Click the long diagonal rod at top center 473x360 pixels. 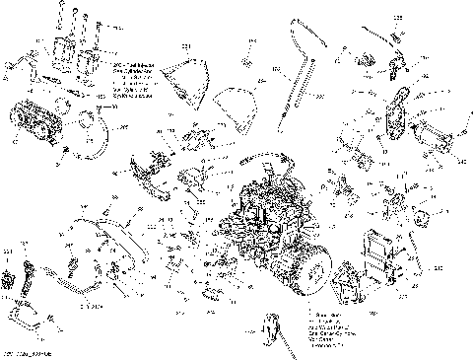tap(292, 79)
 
